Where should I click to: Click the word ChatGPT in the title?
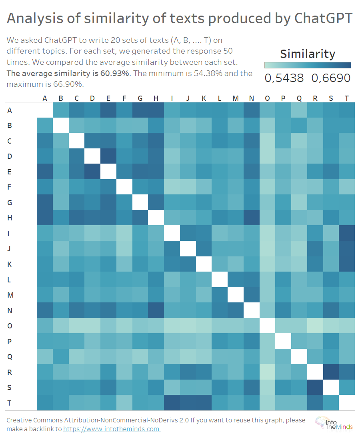click(323, 18)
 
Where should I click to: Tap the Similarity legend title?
click(308, 54)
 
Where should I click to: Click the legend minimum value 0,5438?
click(284, 78)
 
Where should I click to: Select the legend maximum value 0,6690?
click(331, 78)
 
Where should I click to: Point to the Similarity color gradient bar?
click(308, 65)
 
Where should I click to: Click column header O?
click(267, 98)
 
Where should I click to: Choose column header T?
click(346, 98)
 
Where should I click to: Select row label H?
click(10, 218)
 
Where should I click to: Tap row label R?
click(10, 372)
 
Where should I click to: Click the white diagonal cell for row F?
click(124, 187)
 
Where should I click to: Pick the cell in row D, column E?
click(108, 156)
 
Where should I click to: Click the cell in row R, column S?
click(331, 372)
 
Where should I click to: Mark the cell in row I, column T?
click(346, 233)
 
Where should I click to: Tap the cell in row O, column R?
click(315, 326)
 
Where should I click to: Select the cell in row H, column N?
click(251, 218)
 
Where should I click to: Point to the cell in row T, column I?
click(172, 403)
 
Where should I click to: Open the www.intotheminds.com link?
click(112, 429)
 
